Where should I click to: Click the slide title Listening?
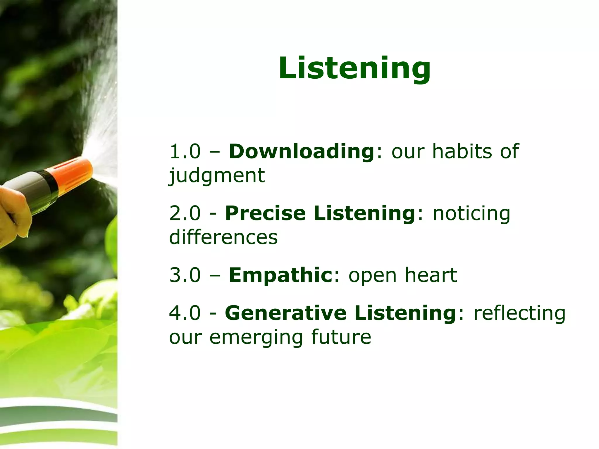354,68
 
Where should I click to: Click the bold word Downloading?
301,151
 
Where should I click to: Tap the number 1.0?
185,151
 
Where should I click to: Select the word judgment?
217,176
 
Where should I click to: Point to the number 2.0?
185,213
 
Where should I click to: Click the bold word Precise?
265,213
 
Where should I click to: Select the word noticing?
471,213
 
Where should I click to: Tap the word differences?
223,237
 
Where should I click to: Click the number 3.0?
185,275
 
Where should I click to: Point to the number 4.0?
185,313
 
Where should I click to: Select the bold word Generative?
286,313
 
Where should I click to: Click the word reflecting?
519,313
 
